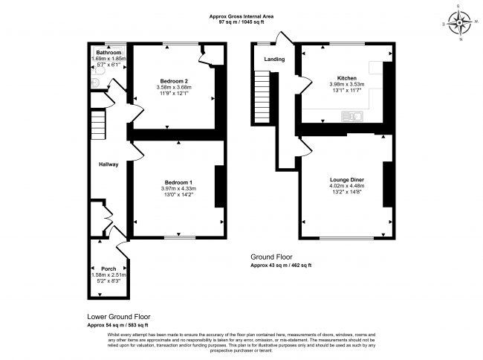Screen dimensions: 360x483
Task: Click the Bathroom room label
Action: [108, 53]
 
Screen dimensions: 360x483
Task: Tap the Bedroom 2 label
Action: [176, 80]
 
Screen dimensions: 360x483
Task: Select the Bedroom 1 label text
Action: [178, 182]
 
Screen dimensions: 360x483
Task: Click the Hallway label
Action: [108, 164]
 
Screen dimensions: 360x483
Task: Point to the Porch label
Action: [108, 268]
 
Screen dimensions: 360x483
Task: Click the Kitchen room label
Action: [347, 78]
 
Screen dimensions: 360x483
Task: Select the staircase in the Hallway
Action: [99, 125]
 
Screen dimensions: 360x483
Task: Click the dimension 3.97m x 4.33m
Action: [178, 189]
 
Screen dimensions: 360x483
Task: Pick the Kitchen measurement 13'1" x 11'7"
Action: [347, 91]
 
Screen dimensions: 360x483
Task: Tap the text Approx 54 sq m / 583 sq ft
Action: [117, 325]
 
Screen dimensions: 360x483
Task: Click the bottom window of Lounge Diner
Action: [348, 238]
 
